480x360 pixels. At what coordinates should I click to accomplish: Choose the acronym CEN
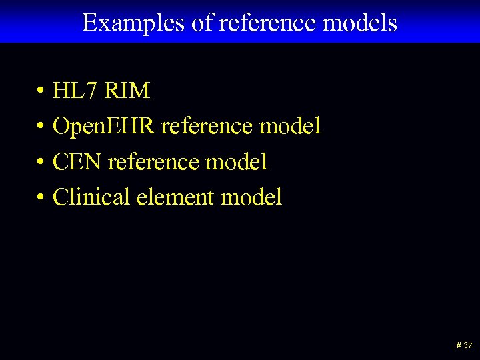click(77, 161)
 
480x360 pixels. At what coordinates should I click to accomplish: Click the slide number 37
click(467, 346)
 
